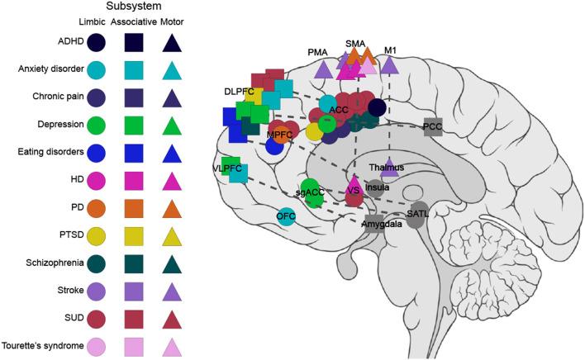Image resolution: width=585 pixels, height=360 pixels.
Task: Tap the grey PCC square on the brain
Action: [433, 127]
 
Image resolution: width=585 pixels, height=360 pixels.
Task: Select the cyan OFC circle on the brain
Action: [287, 217]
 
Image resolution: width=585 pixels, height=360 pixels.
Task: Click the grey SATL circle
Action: [418, 212]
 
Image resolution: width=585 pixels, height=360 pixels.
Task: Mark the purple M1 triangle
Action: [389, 66]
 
